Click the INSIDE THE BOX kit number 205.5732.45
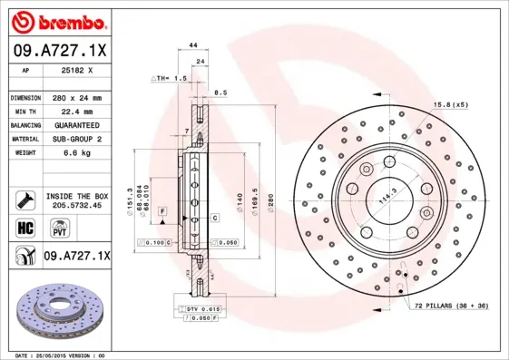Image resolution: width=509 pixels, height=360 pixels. click(76, 205)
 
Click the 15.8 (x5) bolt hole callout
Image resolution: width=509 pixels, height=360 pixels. click(452, 104)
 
